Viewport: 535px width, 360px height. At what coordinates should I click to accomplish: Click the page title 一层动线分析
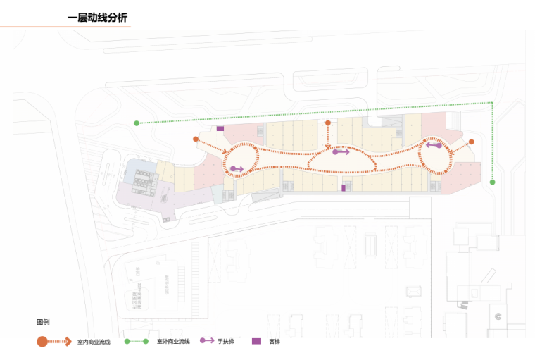(x=97, y=18)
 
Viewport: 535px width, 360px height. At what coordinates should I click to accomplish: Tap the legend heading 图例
(x=43, y=322)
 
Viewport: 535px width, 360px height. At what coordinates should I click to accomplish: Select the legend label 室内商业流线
(x=94, y=342)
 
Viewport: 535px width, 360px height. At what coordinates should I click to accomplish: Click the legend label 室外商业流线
(x=173, y=342)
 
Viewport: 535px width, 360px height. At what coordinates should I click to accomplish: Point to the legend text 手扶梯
(x=225, y=342)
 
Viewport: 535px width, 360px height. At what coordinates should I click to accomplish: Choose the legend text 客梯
(x=275, y=342)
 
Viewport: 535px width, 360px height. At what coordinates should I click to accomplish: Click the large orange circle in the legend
(x=42, y=342)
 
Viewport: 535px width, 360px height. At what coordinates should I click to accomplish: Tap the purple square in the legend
(x=256, y=341)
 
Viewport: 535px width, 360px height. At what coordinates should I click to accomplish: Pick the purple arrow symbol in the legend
(x=207, y=341)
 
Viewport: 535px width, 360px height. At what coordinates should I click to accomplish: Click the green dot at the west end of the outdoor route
(x=137, y=123)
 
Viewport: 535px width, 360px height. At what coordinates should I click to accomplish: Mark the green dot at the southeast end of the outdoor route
(x=493, y=182)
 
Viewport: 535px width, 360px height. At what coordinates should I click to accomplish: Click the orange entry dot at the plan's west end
(x=196, y=139)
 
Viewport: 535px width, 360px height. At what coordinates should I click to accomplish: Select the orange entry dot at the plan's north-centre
(x=328, y=123)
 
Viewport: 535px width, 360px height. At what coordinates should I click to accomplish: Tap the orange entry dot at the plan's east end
(x=471, y=142)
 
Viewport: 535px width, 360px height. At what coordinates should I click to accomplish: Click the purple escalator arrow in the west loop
(x=237, y=169)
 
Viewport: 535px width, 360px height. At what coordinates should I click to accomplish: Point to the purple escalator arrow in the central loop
(x=341, y=151)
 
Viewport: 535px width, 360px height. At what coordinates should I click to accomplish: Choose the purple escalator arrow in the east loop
(x=434, y=145)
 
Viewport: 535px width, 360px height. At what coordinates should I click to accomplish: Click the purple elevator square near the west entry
(x=220, y=129)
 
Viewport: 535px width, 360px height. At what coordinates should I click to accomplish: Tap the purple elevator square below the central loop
(x=344, y=188)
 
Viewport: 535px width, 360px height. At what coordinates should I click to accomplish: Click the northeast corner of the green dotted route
(x=492, y=103)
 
